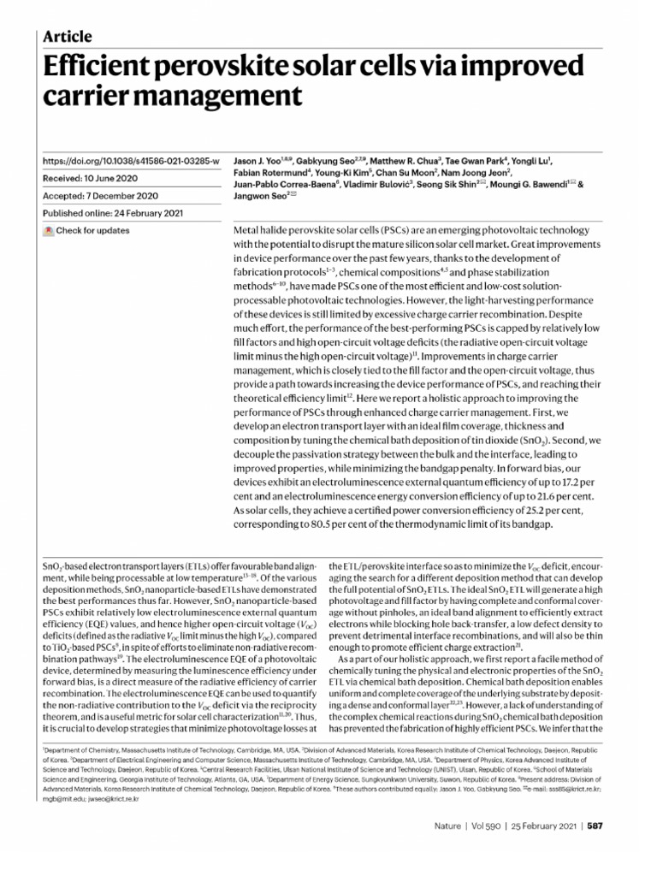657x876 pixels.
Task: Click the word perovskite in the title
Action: point(233,65)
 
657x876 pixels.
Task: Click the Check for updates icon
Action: point(49,231)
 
